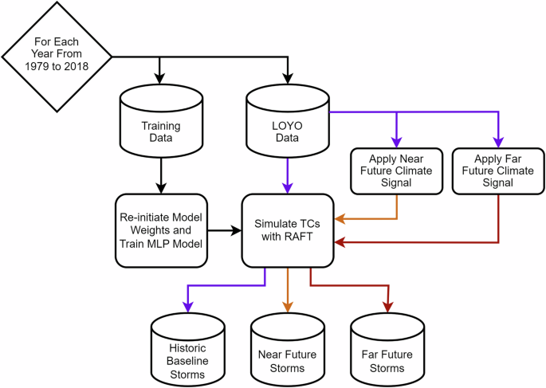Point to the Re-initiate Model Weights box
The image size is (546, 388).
(x=161, y=230)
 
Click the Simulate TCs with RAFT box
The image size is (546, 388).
(x=288, y=230)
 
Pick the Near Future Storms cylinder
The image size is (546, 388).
(x=288, y=354)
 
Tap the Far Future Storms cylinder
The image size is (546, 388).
(x=388, y=354)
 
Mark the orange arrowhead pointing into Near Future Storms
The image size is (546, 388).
(x=288, y=307)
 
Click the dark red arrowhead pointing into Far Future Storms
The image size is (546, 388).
(x=388, y=307)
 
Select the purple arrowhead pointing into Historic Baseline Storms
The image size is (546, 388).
(x=187, y=307)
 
